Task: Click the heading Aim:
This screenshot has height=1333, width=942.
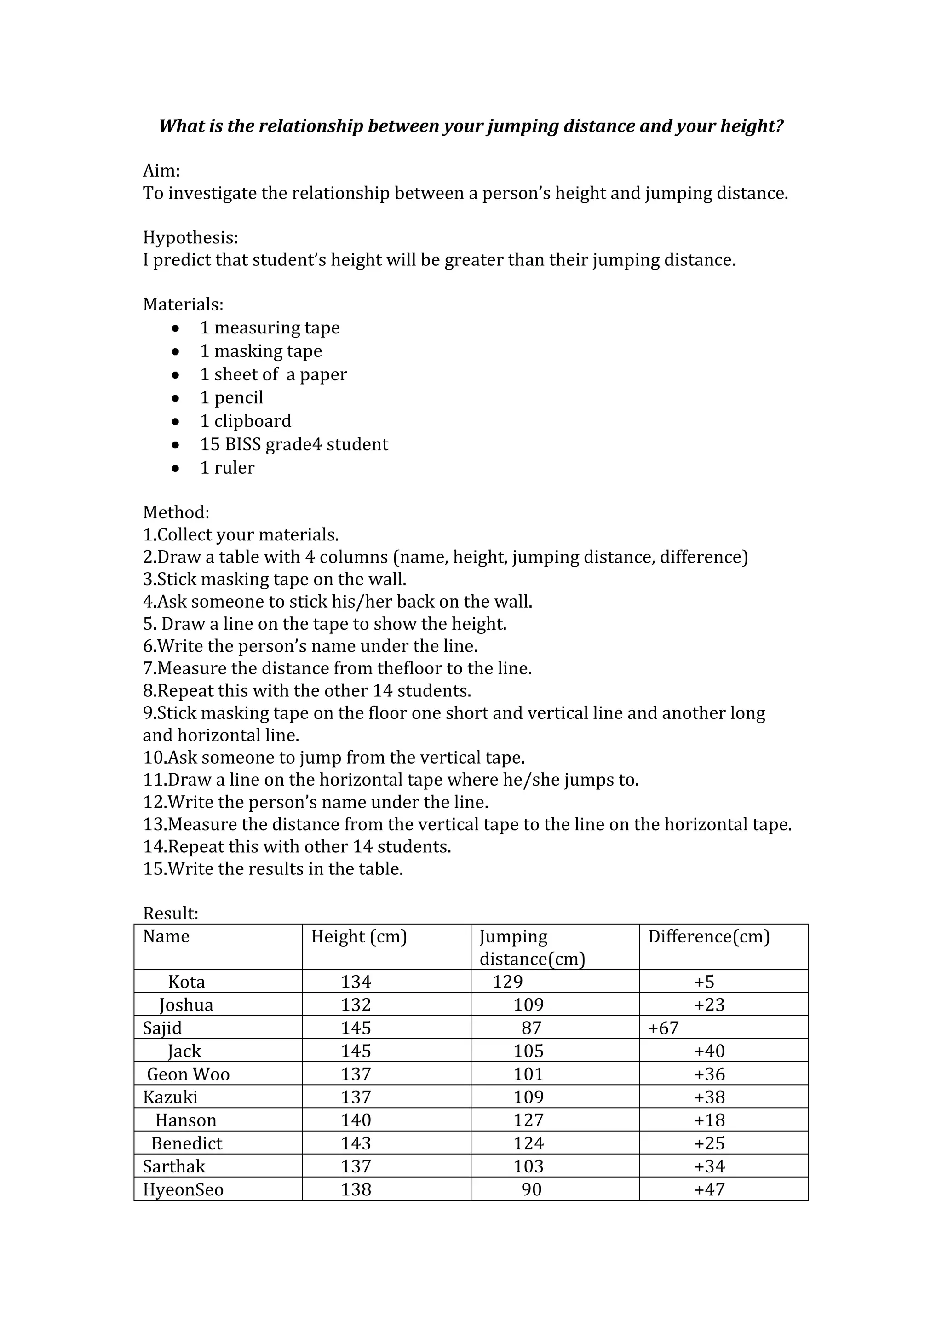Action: pyautogui.click(x=161, y=171)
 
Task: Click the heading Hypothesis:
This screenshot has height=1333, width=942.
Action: pyautogui.click(x=190, y=238)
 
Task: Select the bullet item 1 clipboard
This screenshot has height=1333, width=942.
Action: pyautogui.click(x=246, y=421)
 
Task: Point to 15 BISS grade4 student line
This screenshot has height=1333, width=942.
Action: pyautogui.click(x=294, y=444)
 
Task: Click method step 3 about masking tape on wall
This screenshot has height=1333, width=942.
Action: pyautogui.click(x=275, y=579)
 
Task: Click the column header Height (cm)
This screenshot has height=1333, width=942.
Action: pyautogui.click(x=359, y=937)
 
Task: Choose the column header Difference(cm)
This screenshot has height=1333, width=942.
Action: pyautogui.click(x=709, y=937)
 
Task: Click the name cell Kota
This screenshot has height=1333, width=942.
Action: pyautogui.click(x=186, y=982)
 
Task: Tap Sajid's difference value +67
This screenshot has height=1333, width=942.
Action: pyautogui.click(x=663, y=1028)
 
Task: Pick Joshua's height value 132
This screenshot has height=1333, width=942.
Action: pyautogui.click(x=356, y=1005)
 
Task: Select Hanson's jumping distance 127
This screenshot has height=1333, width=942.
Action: pyautogui.click(x=528, y=1120)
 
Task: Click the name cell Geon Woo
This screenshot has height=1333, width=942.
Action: pyautogui.click(x=188, y=1074)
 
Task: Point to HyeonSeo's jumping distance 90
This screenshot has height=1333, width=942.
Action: pyautogui.click(x=531, y=1189)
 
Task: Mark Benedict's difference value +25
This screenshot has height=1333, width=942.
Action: pyautogui.click(x=709, y=1143)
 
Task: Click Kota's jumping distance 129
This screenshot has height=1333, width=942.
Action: pyautogui.click(x=508, y=982)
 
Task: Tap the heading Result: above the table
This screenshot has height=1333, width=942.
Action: pyautogui.click(x=171, y=914)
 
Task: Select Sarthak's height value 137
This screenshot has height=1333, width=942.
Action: pyautogui.click(x=356, y=1166)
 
